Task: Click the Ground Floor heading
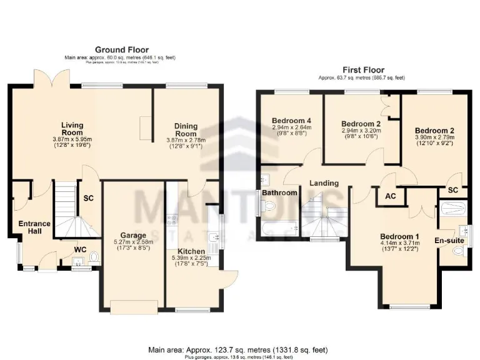122,49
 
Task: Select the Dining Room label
186,129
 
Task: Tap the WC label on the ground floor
80,250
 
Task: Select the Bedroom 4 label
292,121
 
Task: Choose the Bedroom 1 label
400,236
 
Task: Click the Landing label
324,184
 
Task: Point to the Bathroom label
279,193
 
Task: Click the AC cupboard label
391,196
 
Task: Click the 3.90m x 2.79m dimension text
434,137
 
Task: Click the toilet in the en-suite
457,251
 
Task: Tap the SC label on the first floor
453,190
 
